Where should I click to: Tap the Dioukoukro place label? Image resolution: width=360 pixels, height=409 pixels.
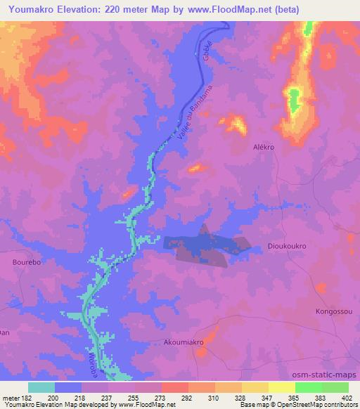pos(287,246)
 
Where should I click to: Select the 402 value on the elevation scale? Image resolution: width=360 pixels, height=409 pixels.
pos(345,398)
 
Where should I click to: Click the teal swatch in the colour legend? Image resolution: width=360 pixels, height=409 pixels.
pos(41,387)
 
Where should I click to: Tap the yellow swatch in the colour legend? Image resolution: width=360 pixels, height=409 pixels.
pos(282,387)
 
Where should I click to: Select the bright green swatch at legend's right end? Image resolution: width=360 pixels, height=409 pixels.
pos(335,387)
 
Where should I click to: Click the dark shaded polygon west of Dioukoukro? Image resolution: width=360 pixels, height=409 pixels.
pos(206,246)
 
